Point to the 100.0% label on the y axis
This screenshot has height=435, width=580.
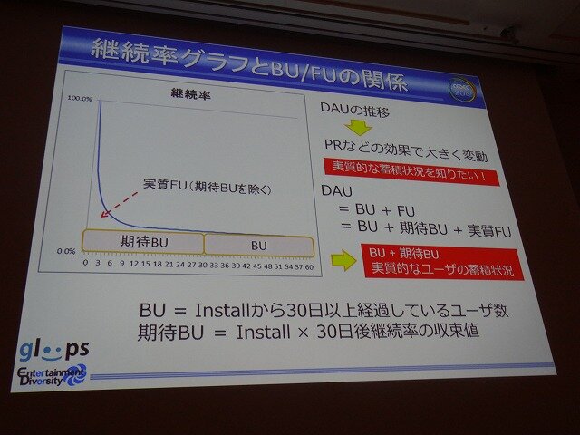[x=81, y=98]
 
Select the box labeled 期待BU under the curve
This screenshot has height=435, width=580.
[x=143, y=242]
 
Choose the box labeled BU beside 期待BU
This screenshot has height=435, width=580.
[x=259, y=245]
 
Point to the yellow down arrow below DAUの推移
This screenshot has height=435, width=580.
[x=362, y=128]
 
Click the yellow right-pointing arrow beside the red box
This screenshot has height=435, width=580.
[x=343, y=261]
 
